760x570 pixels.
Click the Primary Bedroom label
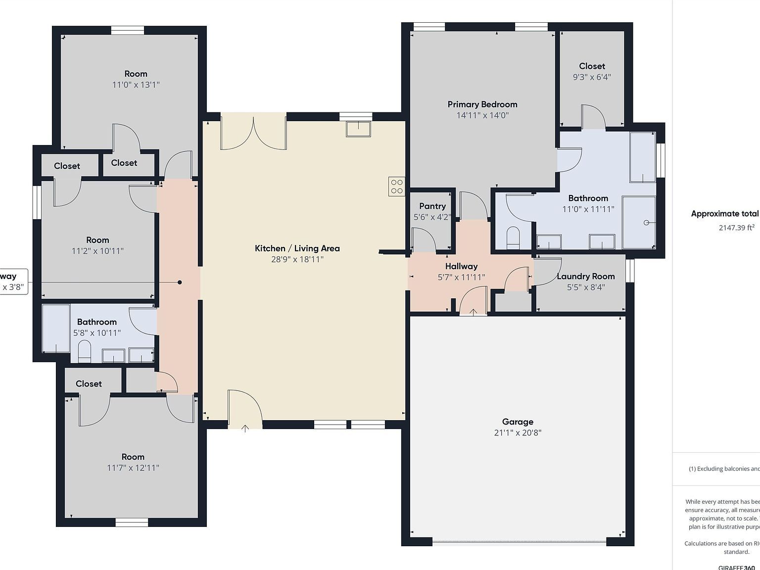(482, 104)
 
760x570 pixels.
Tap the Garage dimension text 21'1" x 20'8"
(518, 433)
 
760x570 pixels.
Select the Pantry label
(432, 206)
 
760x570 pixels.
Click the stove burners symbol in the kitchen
(397, 187)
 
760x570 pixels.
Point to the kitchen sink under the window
(358, 129)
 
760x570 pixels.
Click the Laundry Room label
(585, 276)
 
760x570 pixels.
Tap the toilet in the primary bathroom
(513, 238)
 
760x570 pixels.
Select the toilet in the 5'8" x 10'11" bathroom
(85, 351)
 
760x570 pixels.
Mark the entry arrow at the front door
(245, 428)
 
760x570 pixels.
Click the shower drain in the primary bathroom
(646, 223)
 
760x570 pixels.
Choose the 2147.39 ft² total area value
(736, 228)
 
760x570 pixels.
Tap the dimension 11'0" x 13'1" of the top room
(136, 85)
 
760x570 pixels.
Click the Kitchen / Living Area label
(297, 248)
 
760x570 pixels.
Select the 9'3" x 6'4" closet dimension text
(592, 77)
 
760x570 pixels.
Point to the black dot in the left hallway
(180, 282)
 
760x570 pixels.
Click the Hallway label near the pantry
(461, 266)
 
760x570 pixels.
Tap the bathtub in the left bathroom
(56, 328)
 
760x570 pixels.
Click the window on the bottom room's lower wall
(132, 522)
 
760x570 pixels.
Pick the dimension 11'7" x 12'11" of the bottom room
(133, 468)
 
